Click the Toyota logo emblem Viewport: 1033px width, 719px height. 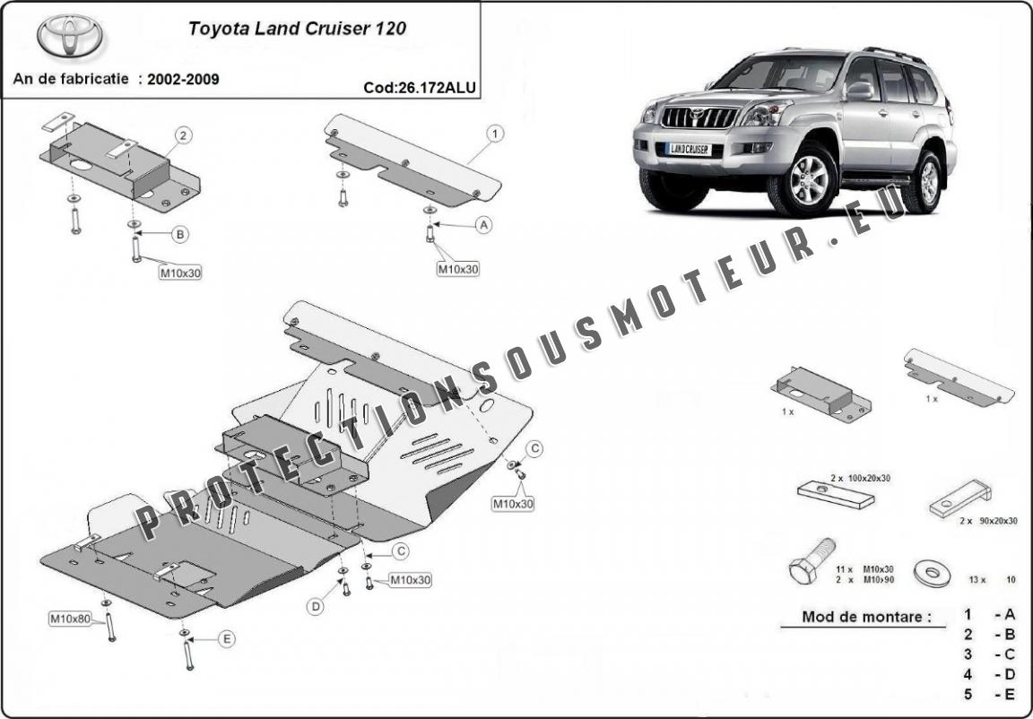click(70, 36)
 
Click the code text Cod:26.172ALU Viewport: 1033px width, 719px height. click(420, 88)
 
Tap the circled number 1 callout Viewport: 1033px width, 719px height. click(494, 134)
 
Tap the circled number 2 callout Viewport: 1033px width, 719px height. click(182, 135)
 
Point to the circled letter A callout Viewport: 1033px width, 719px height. click(484, 225)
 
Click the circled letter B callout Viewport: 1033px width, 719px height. click(180, 235)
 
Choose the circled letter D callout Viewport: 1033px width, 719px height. click(316, 607)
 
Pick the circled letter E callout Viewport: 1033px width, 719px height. click(226, 638)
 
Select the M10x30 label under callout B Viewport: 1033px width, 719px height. click(180, 273)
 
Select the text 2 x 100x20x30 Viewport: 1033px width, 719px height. click(860, 479)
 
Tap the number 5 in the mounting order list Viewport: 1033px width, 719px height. click(968, 693)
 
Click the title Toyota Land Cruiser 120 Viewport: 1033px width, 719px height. click(296, 28)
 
